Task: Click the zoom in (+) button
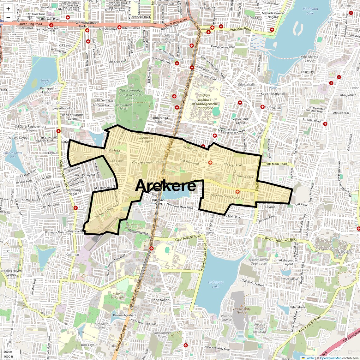pyautogui.click(x=8, y=9)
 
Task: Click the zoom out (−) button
pyautogui.click(x=8, y=17)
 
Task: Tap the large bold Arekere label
pyautogui.click(x=165, y=186)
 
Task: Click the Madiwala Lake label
pyautogui.click(x=310, y=11)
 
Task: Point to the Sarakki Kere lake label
pyautogui.click(x=45, y=82)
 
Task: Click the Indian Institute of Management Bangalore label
pyautogui.click(x=205, y=102)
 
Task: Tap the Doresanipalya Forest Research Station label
pyautogui.click(x=131, y=95)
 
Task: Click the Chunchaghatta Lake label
pyautogui.click(x=13, y=154)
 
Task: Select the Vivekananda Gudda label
pyautogui.click(x=242, y=310)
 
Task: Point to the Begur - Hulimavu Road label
pyautogui.click(x=281, y=239)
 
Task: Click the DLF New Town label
pyautogui.click(x=321, y=251)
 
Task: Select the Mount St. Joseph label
pyautogui.click(x=117, y=296)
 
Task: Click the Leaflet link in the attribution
pyautogui.click(x=309, y=358)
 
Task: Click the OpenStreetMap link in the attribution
pyautogui.click(x=330, y=358)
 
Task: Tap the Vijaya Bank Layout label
pyautogui.click(x=240, y=121)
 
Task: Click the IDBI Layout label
pyautogui.click(x=89, y=345)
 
